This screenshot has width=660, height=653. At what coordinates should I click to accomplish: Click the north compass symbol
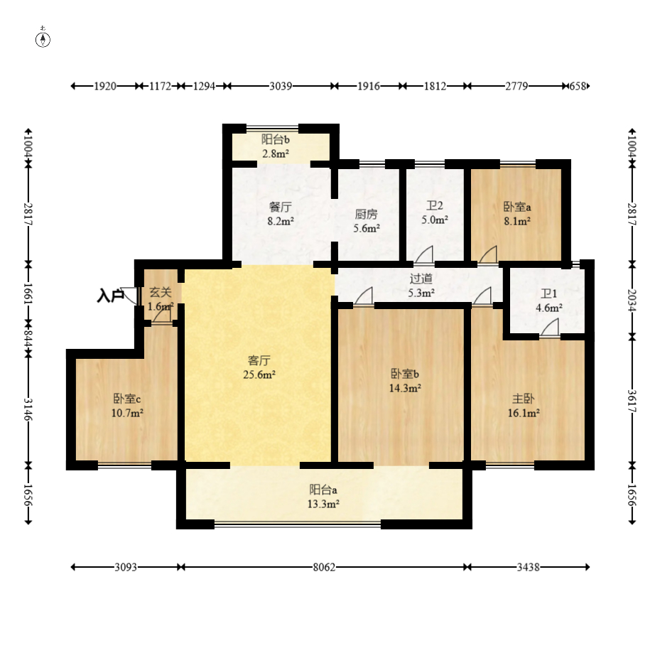click(43, 38)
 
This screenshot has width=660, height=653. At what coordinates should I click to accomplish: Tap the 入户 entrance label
click(110, 296)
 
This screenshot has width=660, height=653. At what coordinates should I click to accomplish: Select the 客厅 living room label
click(259, 360)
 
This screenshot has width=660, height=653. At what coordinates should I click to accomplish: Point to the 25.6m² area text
click(259, 374)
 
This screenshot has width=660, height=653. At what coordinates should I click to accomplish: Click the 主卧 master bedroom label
click(523, 399)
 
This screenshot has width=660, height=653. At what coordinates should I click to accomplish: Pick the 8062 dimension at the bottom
click(324, 567)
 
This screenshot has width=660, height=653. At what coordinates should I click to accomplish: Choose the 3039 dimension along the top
click(281, 86)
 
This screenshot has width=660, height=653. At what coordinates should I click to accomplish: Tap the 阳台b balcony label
click(275, 139)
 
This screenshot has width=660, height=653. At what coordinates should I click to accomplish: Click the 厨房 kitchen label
click(366, 215)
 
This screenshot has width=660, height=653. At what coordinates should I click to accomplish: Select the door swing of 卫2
click(425, 254)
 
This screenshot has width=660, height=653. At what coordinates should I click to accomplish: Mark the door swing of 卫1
click(550, 328)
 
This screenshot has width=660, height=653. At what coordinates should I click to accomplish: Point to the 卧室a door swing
click(488, 255)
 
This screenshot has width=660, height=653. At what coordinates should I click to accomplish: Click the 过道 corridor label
click(421, 279)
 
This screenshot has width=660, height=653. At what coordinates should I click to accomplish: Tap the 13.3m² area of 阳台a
click(323, 504)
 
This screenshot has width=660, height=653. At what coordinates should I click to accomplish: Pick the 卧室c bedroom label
click(126, 399)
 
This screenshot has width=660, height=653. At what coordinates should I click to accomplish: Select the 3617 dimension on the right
click(632, 401)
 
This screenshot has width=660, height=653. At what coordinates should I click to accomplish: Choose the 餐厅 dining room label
click(281, 207)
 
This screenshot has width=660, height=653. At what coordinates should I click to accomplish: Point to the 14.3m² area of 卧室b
click(405, 388)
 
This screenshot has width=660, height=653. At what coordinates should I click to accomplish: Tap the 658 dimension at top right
click(578, 86)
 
